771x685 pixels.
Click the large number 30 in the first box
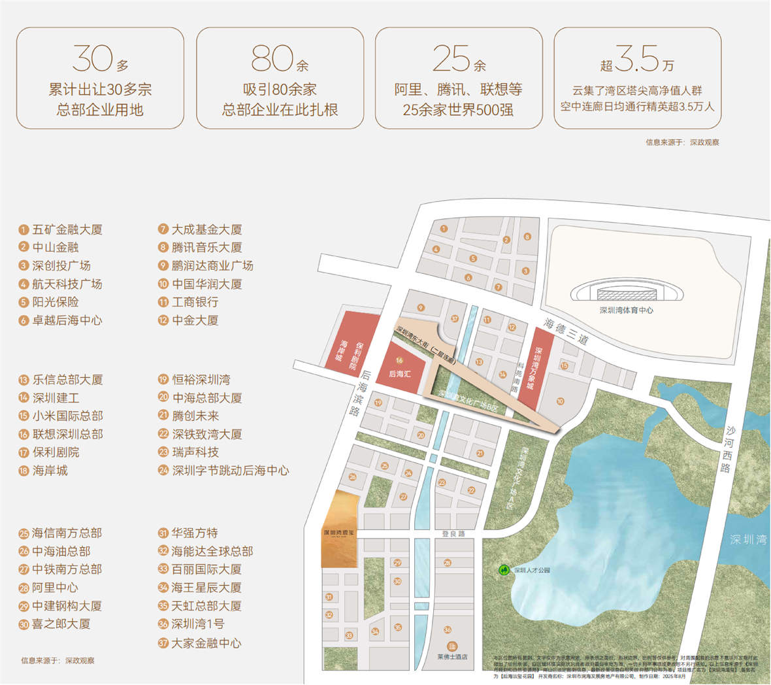[92, 59]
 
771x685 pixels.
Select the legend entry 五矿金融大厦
[67, 229]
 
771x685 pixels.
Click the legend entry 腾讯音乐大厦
[206, 248]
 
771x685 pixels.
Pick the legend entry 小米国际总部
[67, 416]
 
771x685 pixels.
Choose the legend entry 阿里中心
[55, 588]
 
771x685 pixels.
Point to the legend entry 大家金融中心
[206, 643]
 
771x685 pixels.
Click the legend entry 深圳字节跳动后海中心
[230, 471]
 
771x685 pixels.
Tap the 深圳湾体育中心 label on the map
[626, 310]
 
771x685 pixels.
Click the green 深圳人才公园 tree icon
[504, 570]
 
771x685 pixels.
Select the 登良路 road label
[453, 534]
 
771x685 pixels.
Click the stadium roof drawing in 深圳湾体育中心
[626, 291]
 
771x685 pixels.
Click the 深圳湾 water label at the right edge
[748, 540]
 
